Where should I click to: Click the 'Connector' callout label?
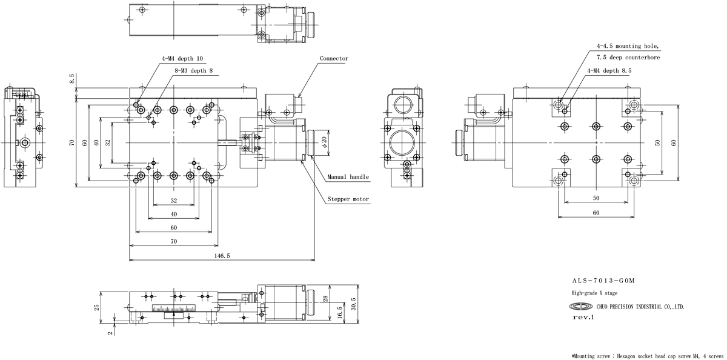pyautogui.click(x=334, y=58)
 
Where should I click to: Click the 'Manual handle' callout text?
pyautogui.click(x=348, y=177)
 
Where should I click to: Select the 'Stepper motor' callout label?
pyautogui.click(x=348, y=199)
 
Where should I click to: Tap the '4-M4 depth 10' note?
pyautogui.click(x=182, y=58)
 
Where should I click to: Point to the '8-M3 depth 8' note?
pyautogui.click(x=193, y=70)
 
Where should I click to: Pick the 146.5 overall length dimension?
pyautogui.click(x=222, y=256)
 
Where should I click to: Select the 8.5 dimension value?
pyautogui.click(x=71, y=79)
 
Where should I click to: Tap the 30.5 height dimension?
pyautogui.click(x=353, y=304)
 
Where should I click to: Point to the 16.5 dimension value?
pyautogui.click(x=339, y=312)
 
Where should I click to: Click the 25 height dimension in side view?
pyautogui.click(x=97, y=307)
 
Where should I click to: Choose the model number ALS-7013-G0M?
pyautogui.click(x=603, y=281)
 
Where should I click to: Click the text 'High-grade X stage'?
pyautogui.click(x=594, y=293)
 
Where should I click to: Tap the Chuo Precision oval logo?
pyautogui.click(x=580, y=307)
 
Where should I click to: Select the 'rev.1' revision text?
pyautogui.click(x=583, y=318)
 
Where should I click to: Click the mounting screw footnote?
pyautogui.click(x=648, y=356)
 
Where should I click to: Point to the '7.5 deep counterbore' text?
pyautogui.click(x=628, y=58)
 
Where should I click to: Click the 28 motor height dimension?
pyautogui.click(x=325, y=299)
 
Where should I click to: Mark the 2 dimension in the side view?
pyautogui.click(x=111, y=333)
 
